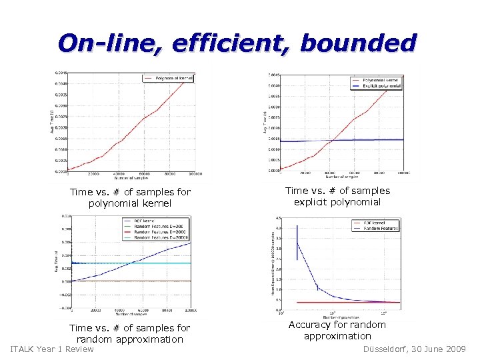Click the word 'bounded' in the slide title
tap(358, 43)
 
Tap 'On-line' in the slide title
tap(109, 43)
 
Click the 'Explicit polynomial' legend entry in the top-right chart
tap(382, 86)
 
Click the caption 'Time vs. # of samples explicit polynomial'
tap(337, 196)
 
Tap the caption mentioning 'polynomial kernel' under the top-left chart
tap(130, 197)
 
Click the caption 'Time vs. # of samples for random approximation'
tap(130, 333)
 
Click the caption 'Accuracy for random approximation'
tap(337, 330)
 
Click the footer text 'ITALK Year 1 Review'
tap(53, 349)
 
